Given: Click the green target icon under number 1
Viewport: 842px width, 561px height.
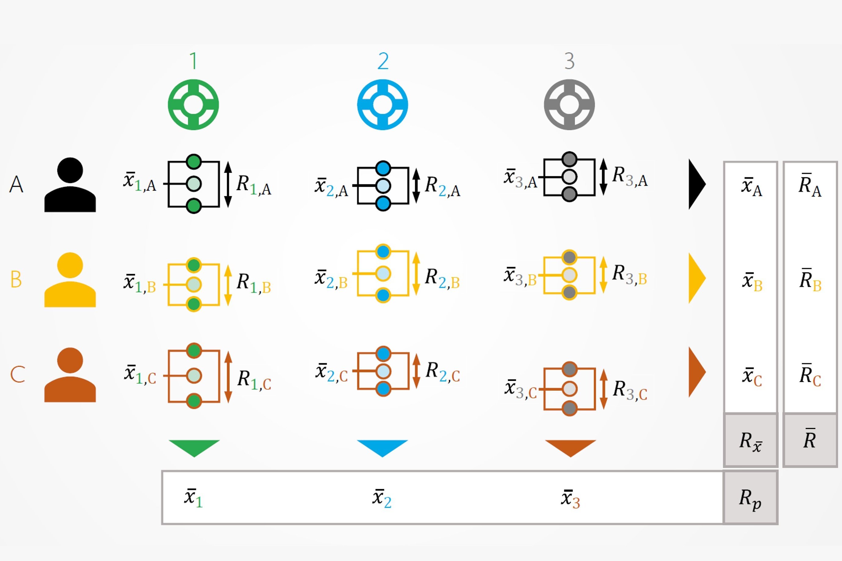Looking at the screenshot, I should point(193,104).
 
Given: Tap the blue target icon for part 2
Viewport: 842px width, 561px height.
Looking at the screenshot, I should point(382,104).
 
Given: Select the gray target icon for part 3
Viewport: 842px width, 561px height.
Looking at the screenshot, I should point(569,104).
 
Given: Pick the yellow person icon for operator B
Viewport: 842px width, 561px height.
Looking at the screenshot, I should point(70,280).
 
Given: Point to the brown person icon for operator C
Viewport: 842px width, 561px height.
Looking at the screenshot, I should point(70,375).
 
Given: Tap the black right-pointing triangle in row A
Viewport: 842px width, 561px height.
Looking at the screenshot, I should point(696,184).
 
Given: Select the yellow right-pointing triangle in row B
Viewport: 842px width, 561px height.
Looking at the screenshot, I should point(696,278).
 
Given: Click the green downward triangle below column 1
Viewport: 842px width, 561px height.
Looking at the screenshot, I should point(194,447).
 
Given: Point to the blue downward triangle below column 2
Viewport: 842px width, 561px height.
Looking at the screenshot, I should point(382,447).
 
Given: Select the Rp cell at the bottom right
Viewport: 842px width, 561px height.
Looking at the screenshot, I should point(750,498).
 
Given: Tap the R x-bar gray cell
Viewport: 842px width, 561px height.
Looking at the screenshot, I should point(750,441).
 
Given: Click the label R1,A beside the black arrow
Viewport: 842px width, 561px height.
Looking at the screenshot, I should point(253,185).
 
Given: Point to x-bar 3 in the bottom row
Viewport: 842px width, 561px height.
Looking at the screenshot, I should point(570,498).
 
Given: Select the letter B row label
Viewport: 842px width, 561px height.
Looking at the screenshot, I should point(16,279).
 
